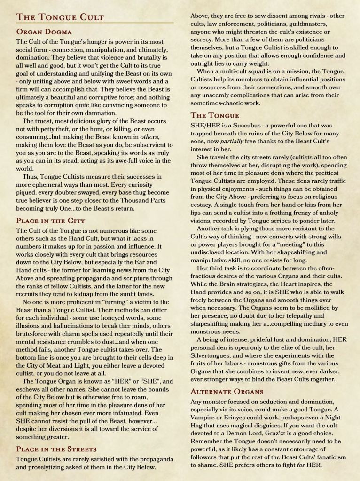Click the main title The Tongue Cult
[60, 17]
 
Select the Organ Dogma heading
[44, 32]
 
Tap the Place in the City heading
[50, 220]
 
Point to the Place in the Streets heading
[56, 449]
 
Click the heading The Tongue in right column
[215, 115]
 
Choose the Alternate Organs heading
[227, 391]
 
